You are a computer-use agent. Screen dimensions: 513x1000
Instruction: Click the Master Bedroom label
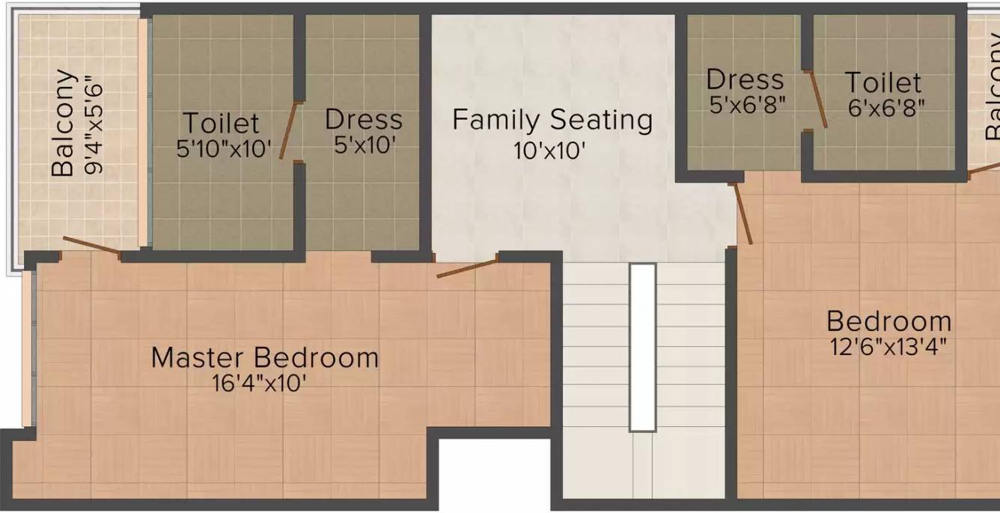[x=264, y=357]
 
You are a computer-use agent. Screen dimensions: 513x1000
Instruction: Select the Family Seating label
[x=552, y=120]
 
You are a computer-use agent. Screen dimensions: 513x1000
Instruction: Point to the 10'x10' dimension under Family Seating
[x=549, y=151]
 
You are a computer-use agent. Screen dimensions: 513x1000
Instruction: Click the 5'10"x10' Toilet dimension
[x=222, y=148]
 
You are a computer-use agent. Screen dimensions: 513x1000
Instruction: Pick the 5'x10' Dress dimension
[x=364, y=145]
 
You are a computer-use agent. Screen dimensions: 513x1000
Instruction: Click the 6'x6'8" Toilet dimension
[x=886, y=107]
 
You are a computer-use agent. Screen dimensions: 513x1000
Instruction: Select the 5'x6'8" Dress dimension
[x=747, y=104]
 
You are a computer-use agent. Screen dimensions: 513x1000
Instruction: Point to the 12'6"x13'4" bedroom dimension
[x=888, y=347]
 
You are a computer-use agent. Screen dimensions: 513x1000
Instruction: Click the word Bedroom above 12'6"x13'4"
[x=889, y=322]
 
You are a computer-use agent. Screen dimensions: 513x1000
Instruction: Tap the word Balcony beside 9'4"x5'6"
[x=64, y=124]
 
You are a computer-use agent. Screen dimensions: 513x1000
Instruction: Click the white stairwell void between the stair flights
[x=642, y=347]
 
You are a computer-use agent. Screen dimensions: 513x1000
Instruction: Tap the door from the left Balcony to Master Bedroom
[x=91, y=246]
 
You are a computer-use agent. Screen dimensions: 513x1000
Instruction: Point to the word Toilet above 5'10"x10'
[x=222, y=123]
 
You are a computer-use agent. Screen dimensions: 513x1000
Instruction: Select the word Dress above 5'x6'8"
[x=745, y=79]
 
